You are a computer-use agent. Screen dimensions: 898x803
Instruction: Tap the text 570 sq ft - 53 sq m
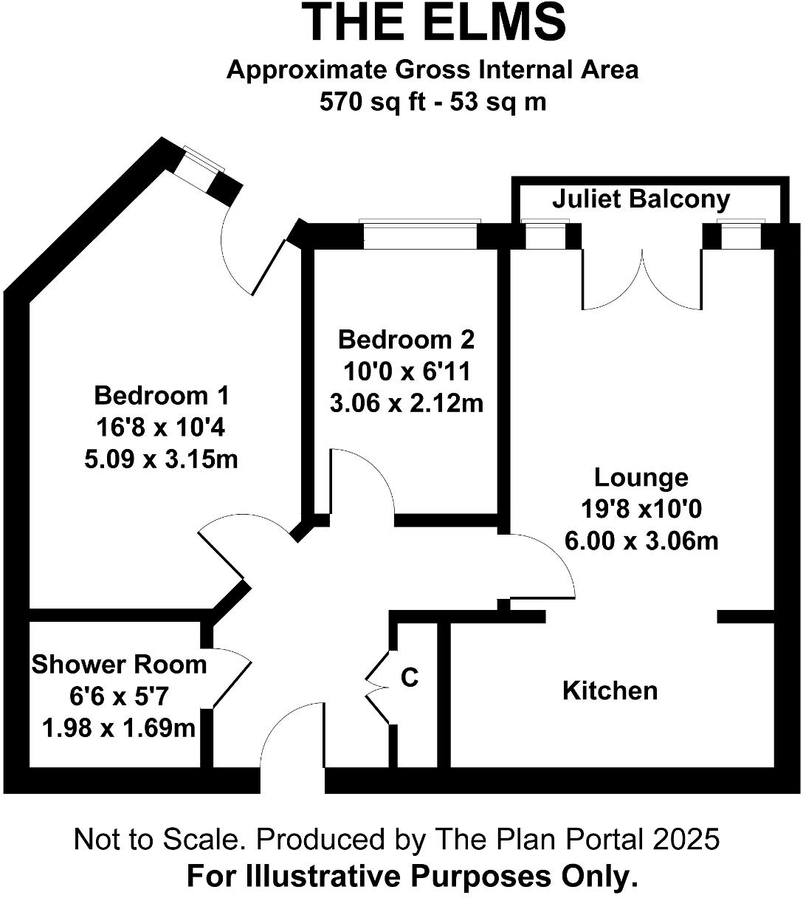(432, 101)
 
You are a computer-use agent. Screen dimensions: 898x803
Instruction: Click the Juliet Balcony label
(641, 199)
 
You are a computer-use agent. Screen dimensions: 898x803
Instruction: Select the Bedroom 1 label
(162, 396)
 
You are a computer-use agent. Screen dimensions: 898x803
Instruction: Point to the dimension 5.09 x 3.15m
(162, 459)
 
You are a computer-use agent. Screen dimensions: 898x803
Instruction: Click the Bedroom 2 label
(406, 340)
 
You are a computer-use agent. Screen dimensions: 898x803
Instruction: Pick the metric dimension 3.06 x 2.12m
(406, 404)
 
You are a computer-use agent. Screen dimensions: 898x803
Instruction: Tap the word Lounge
(641, 477)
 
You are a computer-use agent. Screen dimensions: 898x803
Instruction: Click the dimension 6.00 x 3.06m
(641, 541)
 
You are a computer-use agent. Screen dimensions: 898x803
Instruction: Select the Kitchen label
(610, 690)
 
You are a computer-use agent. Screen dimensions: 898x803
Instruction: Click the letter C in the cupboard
(409, 677)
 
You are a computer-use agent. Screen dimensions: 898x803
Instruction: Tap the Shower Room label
(119, 665)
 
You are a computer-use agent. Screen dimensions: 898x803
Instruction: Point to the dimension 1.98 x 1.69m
(119, 729)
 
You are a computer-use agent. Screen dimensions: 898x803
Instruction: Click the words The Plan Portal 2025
(576, 840)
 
